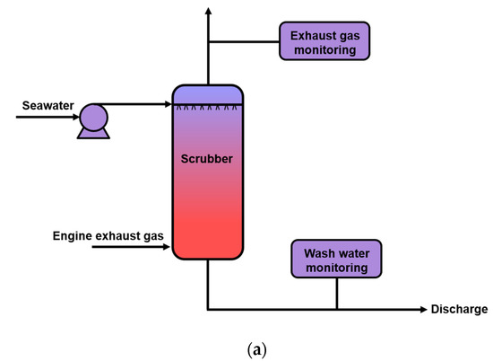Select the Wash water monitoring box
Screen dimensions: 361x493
(x=336, y=259)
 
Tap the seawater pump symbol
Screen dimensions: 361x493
(x=92, y=120)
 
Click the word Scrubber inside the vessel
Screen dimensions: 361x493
(x=208, y=160)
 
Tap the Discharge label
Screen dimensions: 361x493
(x=459, y=310)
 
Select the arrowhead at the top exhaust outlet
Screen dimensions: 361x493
(x=208, y=11)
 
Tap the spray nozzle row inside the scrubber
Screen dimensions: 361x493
(x=208, y=108)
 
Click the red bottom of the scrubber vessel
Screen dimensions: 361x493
(x=208, y=238)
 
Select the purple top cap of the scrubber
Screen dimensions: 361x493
(x=208, y=93)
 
